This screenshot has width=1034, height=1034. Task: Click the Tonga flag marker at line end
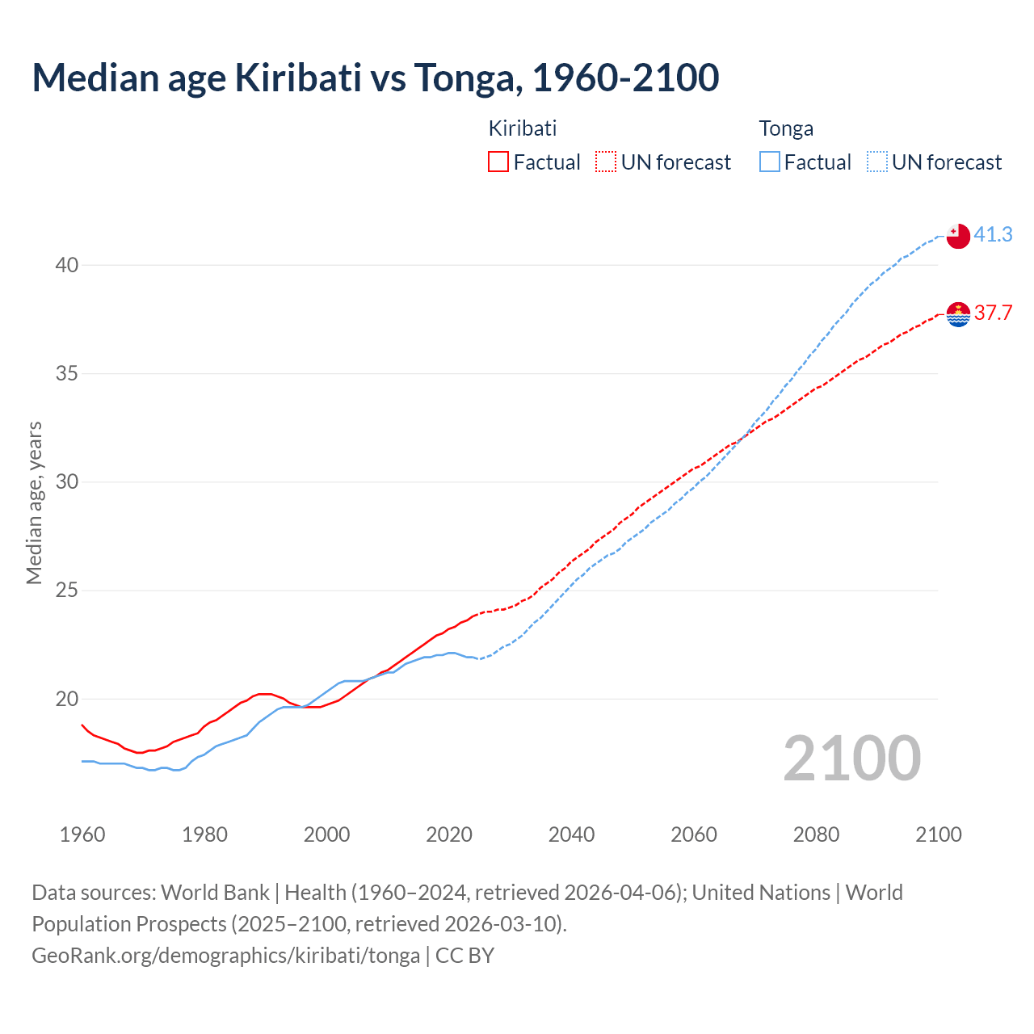tap(958, 236)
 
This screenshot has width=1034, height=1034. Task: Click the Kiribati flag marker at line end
tap(958, 314)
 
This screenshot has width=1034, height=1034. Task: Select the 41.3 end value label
tap(993, 234)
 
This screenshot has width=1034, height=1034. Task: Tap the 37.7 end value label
tap(993, 313)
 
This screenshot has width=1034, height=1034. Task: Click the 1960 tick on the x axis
tap(82, 834)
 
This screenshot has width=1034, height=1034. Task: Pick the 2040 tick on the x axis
tap(571, 834)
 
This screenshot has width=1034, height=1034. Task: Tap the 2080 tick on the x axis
tap(816, 834)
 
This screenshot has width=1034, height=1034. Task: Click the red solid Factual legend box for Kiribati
tap(498, 162)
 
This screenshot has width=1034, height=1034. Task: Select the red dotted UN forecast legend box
tap(606, 162)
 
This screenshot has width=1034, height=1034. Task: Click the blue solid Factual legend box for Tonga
tap(770, 162)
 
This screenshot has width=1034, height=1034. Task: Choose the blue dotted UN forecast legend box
tap(877, 162)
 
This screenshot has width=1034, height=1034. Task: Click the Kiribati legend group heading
tap(523, 128)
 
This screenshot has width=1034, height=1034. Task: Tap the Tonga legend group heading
tap(786, 128)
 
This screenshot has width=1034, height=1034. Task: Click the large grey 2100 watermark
tap(851, 759)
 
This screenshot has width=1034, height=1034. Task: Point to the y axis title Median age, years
tap(34, 502)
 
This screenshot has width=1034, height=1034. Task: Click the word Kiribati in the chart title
tap(298, 78)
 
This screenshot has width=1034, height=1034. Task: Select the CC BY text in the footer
tap(464, 956)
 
